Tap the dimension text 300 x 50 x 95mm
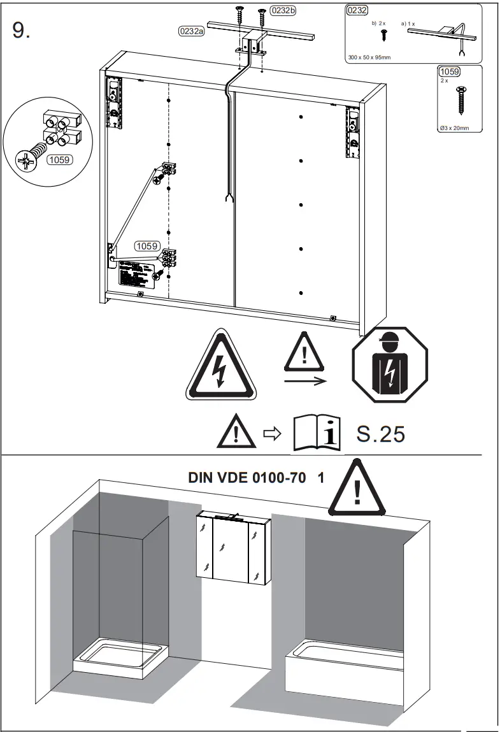pyautogui.click(x=369, y=57)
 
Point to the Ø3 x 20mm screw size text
pyautogui.click(x=455, y=127)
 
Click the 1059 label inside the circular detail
pyautogui.click(x=59, y=161)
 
